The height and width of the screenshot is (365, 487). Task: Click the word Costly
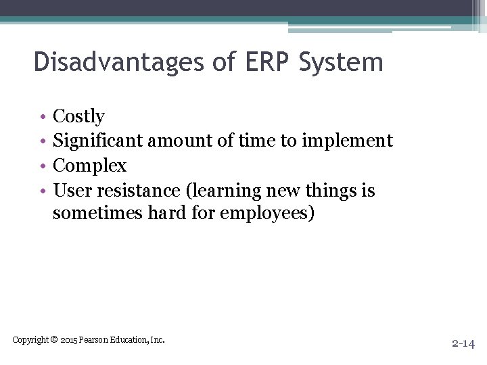click(x=78, y=117)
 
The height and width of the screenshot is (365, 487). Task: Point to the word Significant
click(x=97, y=141)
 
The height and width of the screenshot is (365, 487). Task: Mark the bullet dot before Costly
click(x=43, y=118)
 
